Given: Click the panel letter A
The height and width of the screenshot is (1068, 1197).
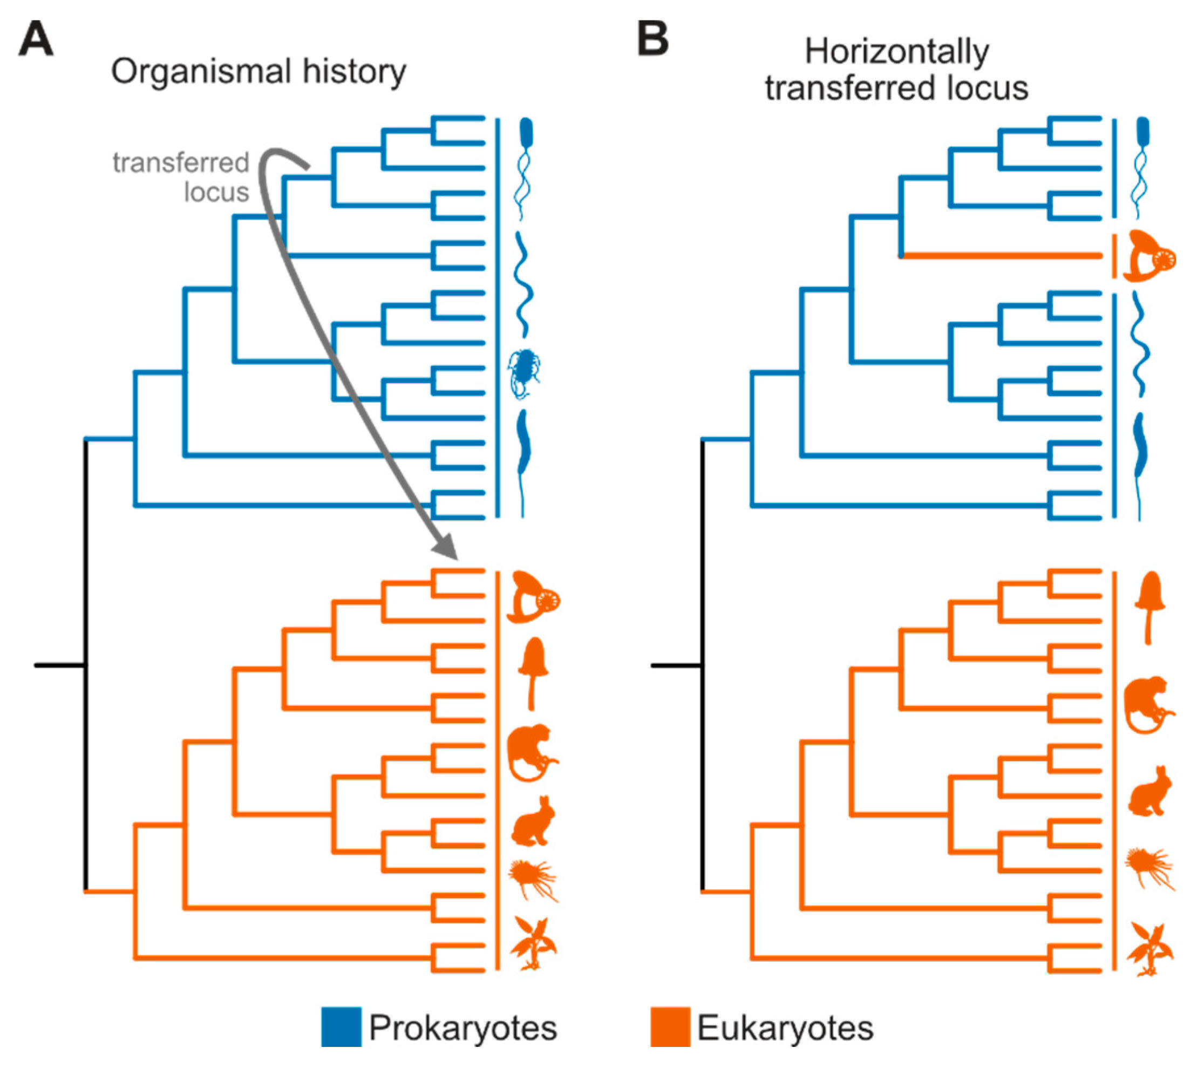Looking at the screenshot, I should coord(36,40).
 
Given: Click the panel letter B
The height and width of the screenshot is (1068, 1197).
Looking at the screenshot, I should coord(652,40).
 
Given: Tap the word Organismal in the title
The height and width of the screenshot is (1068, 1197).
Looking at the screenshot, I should coord(201,72).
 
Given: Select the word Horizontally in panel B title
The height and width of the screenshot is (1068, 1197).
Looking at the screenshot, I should coord(896,52).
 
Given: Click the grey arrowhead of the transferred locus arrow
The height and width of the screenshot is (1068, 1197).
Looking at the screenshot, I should coord(446,547).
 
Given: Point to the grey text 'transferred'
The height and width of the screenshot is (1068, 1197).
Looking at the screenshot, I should coord(181,162).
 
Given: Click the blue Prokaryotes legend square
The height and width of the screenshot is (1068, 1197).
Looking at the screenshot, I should coord(341,1027).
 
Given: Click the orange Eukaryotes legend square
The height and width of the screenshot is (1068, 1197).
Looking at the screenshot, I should coord(670,1027).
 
